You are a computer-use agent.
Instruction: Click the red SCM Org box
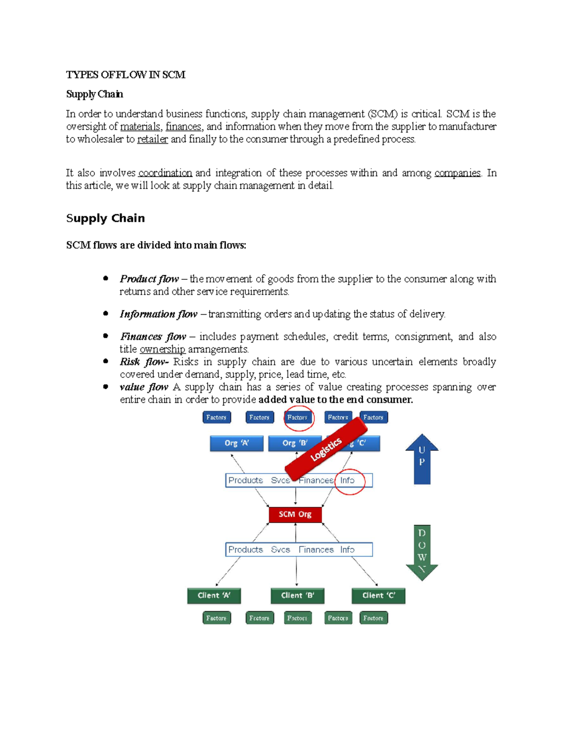click(x=295, y=514)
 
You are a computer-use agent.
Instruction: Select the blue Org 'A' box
click(x=236, y=443)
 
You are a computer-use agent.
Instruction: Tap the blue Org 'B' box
click(x=294, y=443)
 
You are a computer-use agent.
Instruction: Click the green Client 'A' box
click(x=214, y=595)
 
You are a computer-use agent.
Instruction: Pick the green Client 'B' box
click(x=297, y=595)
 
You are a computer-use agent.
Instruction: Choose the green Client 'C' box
click(x=379, y=595)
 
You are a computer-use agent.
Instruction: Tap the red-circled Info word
click(x=348, y=480)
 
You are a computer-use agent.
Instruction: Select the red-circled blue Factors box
click(x=297, y=417)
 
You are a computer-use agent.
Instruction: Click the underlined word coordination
click(x=165, y=173)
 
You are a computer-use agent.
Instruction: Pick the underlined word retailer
click(x=152, y=139)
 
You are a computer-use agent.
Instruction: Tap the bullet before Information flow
click(x=106, y=313)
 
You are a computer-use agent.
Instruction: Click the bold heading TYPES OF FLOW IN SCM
click(x=126, y=75)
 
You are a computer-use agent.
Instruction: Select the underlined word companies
click(x=457, y=173)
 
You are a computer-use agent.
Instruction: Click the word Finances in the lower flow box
click(x=316, y=550)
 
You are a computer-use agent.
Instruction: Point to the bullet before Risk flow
click(x=106, y=361)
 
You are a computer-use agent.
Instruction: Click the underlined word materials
click(x=140, y=126)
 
